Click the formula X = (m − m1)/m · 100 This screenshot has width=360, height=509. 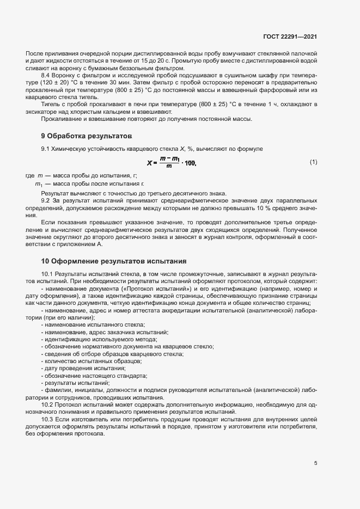click(x=171, y=162)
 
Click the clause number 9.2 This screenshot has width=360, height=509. click(x=46, y=201)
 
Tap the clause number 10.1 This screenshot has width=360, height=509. click(x=47, y=273)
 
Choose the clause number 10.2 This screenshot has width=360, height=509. click(x=47, y=406)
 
